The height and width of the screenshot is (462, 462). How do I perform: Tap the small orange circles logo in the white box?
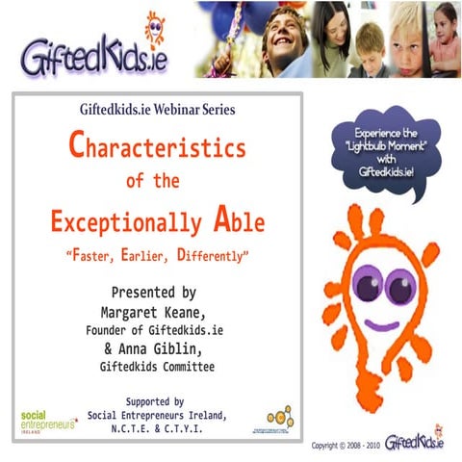pos(280,417)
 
